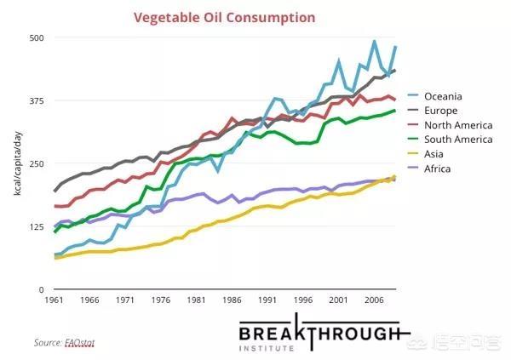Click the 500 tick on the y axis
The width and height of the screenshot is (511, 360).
[x=37, y=38]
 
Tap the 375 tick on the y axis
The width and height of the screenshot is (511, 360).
[x=37, y=101]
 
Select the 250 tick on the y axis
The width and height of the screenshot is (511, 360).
[x=37, y=164]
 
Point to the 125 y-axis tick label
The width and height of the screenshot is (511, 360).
[x=37, y=227]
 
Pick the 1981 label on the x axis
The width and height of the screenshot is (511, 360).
[x=198, y=300]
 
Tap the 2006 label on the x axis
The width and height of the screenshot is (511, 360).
[x=372, y=300]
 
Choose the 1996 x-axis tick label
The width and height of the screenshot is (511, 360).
[x=302, y=300]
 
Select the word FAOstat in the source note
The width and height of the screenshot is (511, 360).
[x=78, y=342]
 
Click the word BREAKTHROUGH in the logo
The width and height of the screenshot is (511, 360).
[x=319, y=333]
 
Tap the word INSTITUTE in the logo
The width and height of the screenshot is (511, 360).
[x=319, y=349]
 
